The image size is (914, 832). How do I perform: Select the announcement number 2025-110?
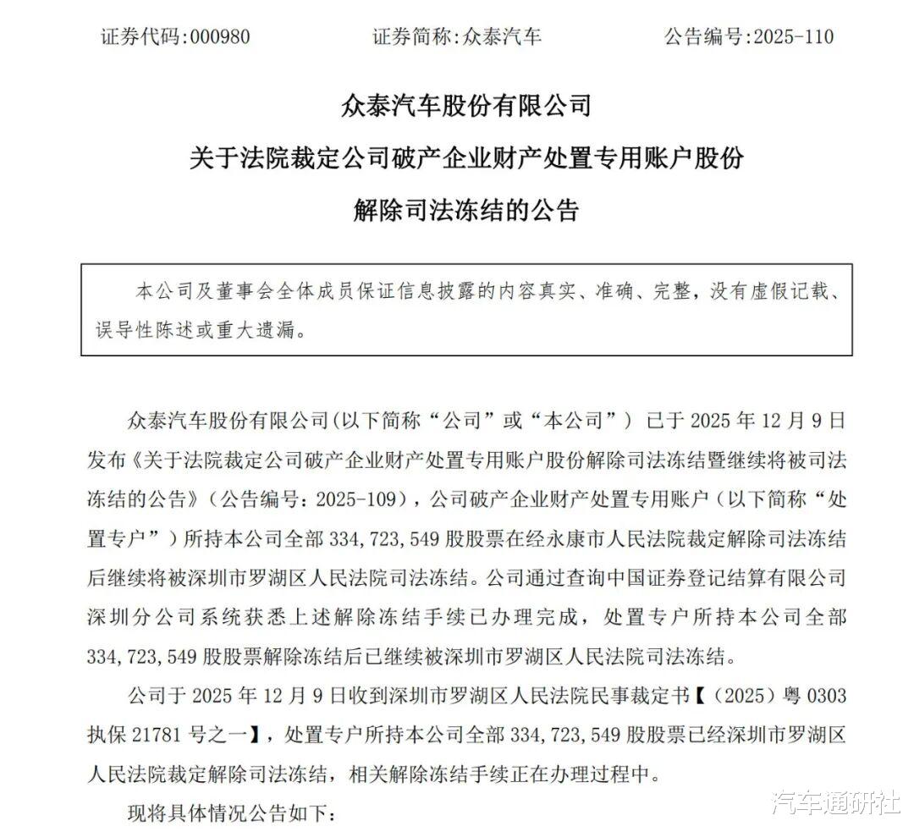790,36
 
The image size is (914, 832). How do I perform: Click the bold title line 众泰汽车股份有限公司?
465,107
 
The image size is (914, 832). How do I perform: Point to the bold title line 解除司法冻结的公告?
465,208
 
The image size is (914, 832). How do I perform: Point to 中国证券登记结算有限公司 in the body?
735,579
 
